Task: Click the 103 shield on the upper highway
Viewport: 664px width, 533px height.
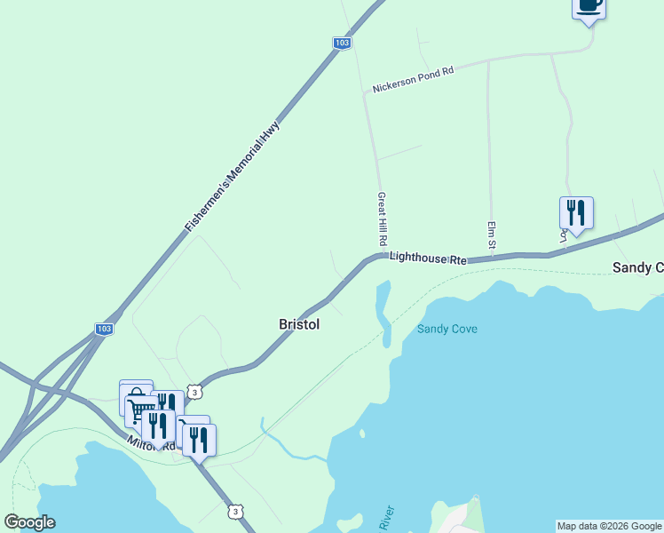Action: (x=342, y=43)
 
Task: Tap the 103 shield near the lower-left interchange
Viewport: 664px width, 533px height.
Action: (x=104, y=329)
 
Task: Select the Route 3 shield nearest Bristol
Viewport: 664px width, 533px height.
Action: (x=195, y=391)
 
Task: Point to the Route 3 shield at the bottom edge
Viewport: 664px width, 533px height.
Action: (x=234, y=512)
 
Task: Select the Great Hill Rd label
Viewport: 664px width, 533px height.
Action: (x=382, y=219)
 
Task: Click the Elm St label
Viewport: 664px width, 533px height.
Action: (x=490, y=234)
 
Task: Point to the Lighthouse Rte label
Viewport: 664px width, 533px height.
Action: (x=428, y=258)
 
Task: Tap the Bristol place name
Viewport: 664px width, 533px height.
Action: (x=299, y=325)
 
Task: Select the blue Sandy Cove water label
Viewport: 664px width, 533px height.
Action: (x=447, y=329)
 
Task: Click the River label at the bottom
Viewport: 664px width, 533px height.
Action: (x=386, y=519)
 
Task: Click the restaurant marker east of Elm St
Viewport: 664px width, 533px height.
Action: (x=575, y=213)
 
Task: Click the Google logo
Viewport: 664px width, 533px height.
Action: (x=29, y=522)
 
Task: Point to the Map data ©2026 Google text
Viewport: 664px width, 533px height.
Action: (x=609, y=526)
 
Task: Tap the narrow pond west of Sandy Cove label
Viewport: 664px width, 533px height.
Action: (x=383, y=311)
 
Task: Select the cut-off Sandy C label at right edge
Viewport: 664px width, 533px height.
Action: (x=637, y=267)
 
